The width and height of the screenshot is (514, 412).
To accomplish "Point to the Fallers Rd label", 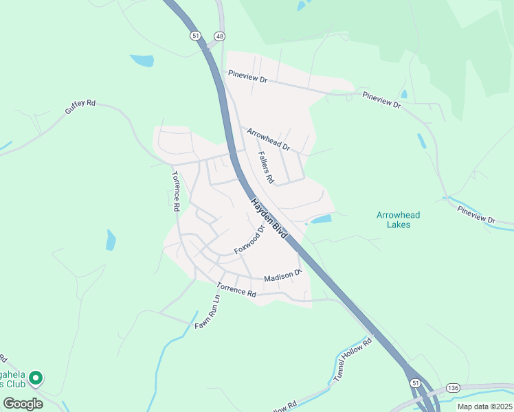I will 266,168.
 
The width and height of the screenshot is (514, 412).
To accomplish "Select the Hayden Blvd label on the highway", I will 269,216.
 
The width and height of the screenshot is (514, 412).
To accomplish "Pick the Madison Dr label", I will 283,275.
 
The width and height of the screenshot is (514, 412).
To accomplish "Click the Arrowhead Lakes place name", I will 398,220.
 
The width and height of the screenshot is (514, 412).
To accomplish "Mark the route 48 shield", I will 219,36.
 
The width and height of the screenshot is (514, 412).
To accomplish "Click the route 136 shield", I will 452,388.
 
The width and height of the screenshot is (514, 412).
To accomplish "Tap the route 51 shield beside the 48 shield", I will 197,36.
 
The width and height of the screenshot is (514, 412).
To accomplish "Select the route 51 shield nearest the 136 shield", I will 415,382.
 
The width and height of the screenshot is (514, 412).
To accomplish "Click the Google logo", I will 23,403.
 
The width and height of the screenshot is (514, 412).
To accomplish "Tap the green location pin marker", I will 35,378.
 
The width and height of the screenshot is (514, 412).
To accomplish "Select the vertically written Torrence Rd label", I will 176,191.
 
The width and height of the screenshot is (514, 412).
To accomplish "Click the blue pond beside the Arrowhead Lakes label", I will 321,220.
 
